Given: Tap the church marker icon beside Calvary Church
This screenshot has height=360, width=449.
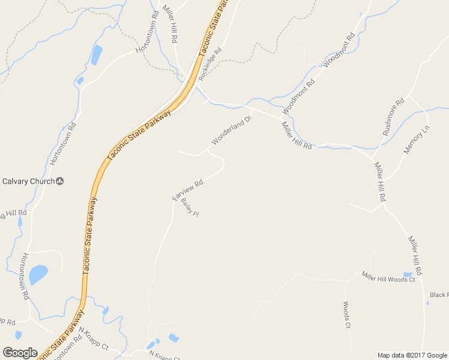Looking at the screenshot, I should tap(60, 181).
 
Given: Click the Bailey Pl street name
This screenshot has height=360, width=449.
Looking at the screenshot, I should tap(189, 208).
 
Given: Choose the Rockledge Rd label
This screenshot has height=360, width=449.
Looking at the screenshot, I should tap(211, 65).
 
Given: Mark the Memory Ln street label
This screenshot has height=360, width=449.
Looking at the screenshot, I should tap(417, 140).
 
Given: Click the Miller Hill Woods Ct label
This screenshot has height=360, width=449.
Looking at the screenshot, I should tap(388, 277).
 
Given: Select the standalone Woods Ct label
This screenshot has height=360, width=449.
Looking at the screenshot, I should tap(347, 315).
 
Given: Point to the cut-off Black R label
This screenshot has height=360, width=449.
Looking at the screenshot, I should tap(439, 295).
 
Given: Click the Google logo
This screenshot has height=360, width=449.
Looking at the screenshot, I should tap(20, 353).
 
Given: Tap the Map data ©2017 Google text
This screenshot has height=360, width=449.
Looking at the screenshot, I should tap(412, 355).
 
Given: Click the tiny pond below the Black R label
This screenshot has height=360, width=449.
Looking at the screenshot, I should tap(427, 302).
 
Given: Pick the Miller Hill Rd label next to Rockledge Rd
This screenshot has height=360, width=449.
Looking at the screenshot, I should tap(169, 23).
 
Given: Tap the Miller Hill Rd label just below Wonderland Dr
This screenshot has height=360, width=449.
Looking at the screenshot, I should tap(297, 135).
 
